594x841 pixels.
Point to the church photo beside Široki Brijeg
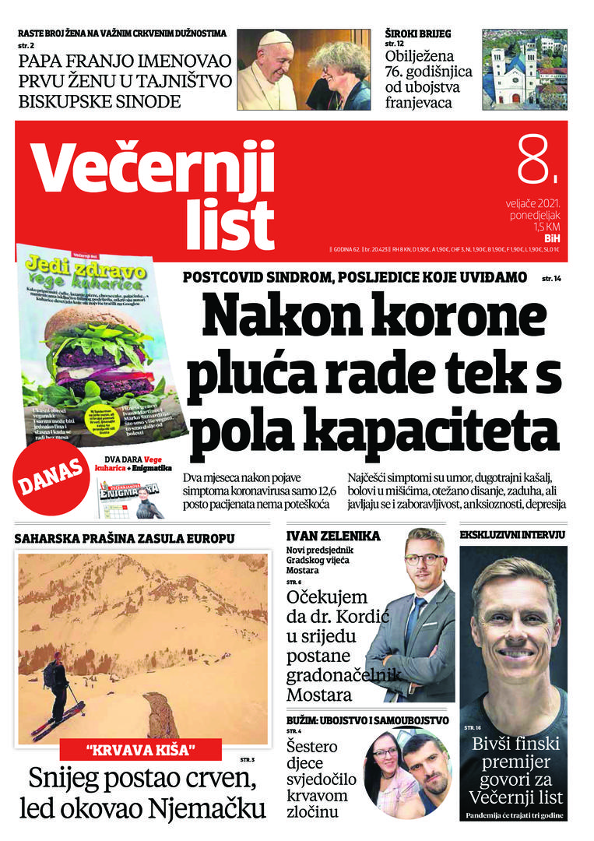click(x=525, y=70)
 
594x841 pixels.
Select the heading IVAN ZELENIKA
click(x=333, y=536)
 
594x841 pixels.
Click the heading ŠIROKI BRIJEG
click(x=418, y=33)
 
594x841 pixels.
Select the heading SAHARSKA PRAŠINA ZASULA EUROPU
click(x=125, y=537)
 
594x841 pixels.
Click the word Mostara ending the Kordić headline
click(x=319, y=694)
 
